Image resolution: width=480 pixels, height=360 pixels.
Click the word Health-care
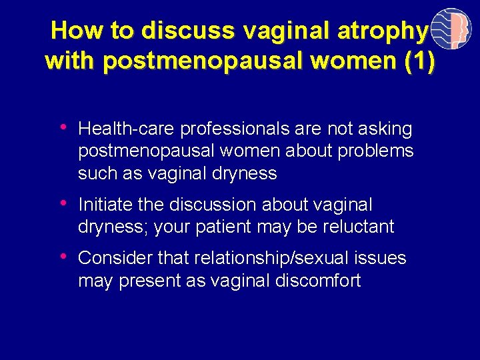(127, 129)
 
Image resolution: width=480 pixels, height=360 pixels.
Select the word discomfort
(317, 281)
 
